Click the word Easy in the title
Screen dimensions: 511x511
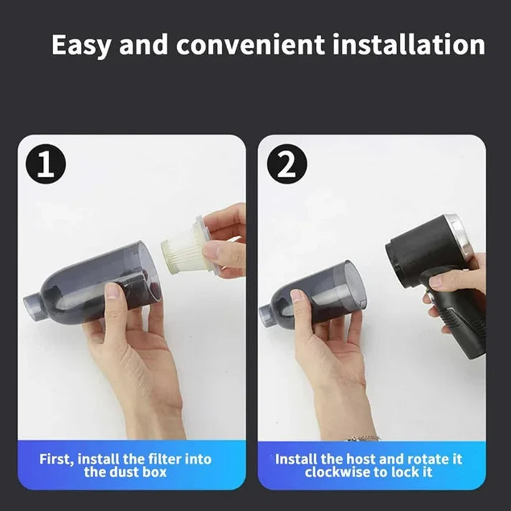tap(81, 45)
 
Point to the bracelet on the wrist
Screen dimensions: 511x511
tap(364, 437)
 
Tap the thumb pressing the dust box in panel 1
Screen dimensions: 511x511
tap(111, 291)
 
